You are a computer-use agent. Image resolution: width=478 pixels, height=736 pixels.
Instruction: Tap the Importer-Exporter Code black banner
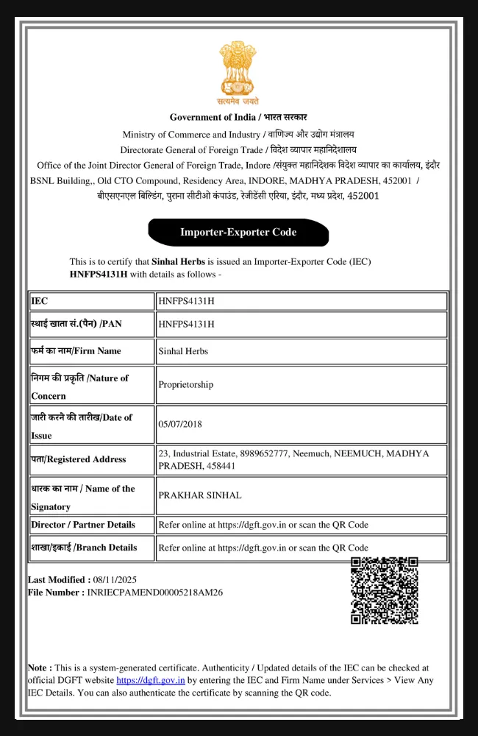[x=238, y=233]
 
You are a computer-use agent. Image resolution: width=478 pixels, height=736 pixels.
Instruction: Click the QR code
[x=384, y=590]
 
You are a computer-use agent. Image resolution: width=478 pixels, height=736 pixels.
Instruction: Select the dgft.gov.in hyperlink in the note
[x=151, y=681]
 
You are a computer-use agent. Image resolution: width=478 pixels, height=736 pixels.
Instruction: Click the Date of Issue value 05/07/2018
[x=179, y=424]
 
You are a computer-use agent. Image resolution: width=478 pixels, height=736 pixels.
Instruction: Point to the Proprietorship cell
[x=185, y=384]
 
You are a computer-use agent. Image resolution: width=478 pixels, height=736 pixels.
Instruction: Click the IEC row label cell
[x=91, y=301]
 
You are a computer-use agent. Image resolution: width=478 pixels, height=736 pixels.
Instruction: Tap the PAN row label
[x=91, y=324]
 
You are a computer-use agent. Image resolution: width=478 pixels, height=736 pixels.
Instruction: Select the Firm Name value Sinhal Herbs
[x=183, y=351]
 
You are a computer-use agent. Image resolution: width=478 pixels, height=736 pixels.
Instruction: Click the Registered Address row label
[x=91, y=459]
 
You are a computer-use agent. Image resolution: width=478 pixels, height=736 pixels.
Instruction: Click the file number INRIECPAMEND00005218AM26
[x=154, y=592]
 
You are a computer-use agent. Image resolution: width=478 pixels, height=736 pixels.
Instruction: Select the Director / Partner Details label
[x=83, y=525]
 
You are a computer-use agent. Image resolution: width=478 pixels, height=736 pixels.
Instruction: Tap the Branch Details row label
[x=84, y=548]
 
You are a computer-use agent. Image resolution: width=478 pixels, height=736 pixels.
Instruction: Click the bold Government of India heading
[x=238, y=117]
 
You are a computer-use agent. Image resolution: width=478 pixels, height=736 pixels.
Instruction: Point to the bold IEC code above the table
[x=99, y=274]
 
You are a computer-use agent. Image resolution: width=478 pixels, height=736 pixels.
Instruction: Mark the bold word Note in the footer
[x=40, y=668]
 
